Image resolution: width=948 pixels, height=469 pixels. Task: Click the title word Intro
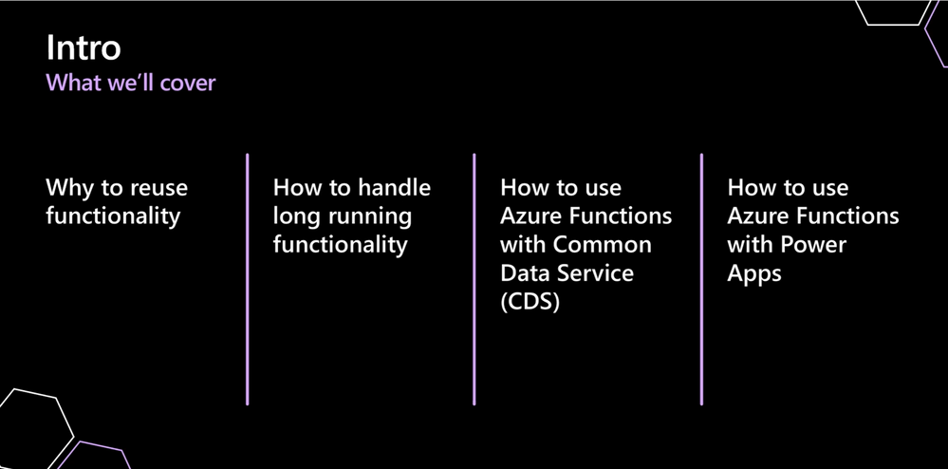[x=84, y=47]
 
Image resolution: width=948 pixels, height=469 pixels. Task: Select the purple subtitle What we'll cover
[x=131, y=83]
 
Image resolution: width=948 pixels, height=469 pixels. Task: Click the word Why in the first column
[x=69, y=187]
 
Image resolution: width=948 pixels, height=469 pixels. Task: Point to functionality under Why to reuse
[x=113, y=216]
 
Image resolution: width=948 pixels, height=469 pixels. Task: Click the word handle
[x=394, y=187]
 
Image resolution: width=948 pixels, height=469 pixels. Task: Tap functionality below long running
[x=340, y=244]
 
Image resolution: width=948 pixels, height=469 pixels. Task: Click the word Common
[x=603, y=244]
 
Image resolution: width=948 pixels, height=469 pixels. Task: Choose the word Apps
[x=754, y=274]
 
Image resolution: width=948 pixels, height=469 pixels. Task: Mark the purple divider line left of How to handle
[x=247, y=279]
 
